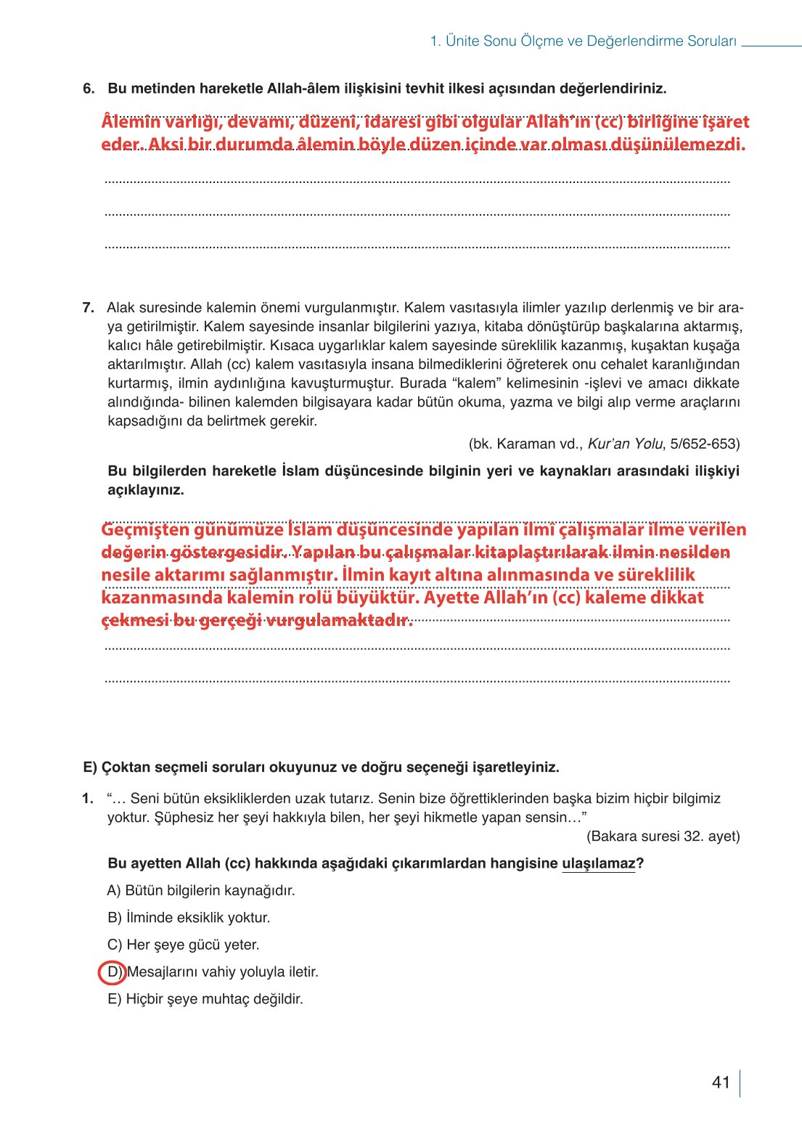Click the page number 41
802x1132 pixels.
tap(720, 1083)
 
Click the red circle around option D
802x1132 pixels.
tap(112, 972)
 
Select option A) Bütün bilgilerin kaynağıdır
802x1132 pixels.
tap(201, 891)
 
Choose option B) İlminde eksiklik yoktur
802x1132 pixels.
tap(189, 918)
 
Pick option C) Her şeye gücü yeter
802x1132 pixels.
tap(183, 945)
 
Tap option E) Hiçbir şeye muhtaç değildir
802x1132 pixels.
tap(205, 999)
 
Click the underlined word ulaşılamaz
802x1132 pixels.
tap(598, 864)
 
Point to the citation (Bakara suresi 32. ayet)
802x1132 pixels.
tap(663, 836)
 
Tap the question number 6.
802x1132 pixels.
tap(89, 89)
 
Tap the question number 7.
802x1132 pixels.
tap(89, 308)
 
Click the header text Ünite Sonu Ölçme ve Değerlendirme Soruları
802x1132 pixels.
tap(583, 41)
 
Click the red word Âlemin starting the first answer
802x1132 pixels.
tap(131, 122)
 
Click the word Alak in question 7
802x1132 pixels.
tap(120, 308)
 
